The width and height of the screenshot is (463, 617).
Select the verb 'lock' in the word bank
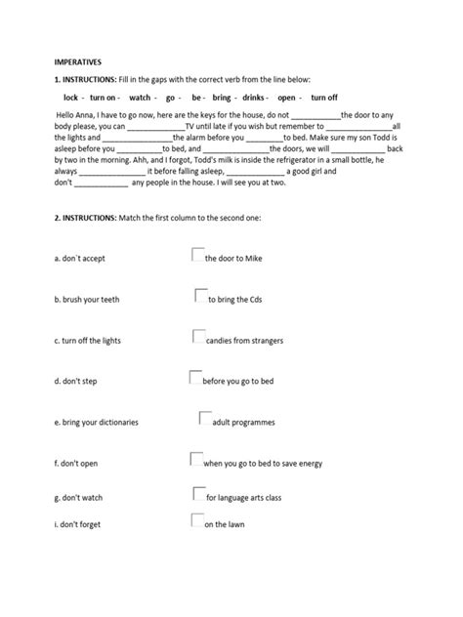coord(70,99)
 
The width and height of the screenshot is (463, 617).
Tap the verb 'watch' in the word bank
coord(140,99)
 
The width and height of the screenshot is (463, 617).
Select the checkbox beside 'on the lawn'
coord(196,521)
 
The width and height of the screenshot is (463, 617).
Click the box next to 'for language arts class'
coord(199,494)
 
